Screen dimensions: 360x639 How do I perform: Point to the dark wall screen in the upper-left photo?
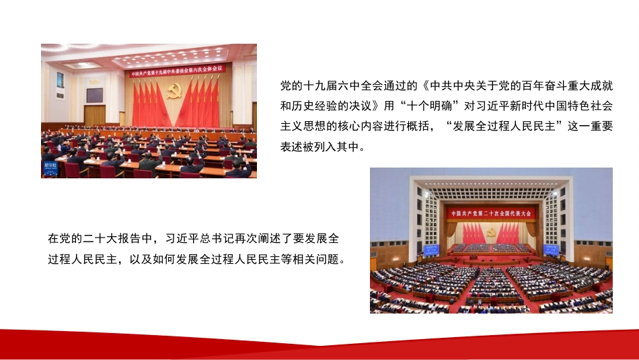(94, 95)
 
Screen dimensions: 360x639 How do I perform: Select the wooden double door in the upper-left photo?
(94, 115)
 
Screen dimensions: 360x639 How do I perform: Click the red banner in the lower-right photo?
(492, 213)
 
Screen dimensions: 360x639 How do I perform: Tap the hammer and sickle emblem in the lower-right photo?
(492, 232)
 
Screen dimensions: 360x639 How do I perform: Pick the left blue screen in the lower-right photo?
(429, 249)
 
